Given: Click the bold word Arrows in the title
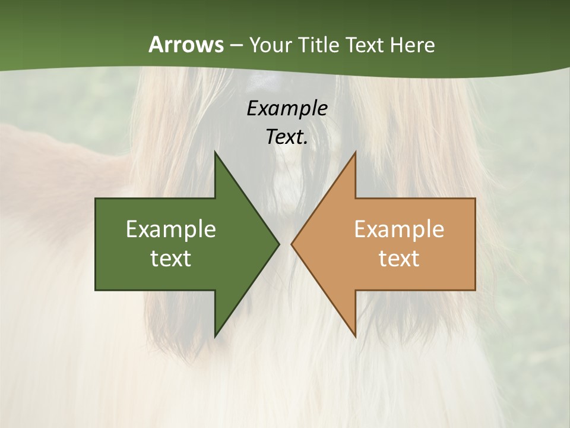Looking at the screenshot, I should pos(186,45).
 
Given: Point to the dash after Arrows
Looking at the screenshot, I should pos(236,45).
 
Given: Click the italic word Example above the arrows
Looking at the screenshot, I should pos(287,108).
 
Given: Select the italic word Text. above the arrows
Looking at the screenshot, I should pos(287,137).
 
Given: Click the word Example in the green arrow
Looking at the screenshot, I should pos(171,229).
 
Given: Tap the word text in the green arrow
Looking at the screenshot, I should pos(171,259).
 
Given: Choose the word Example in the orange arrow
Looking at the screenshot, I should pos(399,229).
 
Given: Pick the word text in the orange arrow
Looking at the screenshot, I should pos(399,259).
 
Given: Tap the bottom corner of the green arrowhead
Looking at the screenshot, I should pos(216,336).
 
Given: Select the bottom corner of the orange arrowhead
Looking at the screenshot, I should pos(355,336).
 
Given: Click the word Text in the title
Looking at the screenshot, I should pos(365,45).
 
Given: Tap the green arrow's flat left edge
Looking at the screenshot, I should pos(96,244).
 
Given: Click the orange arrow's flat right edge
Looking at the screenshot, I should pos(475,244).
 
